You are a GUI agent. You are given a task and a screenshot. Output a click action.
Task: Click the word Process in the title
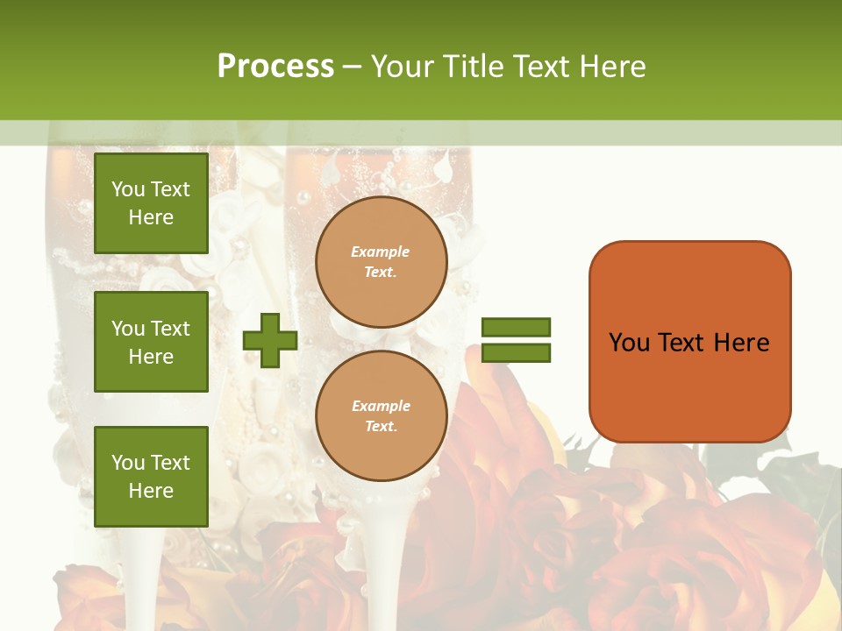click(x=275, y=67)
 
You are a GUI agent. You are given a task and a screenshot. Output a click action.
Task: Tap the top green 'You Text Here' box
click(x=151, y=203)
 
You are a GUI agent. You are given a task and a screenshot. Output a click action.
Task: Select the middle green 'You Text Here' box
click(x=151, y=342)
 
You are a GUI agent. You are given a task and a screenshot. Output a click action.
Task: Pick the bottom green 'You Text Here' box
click(x=151, y=477)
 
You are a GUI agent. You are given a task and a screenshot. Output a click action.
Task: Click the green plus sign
click(x=270, y=340)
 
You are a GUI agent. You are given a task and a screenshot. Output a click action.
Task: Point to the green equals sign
click(x=516, y=340)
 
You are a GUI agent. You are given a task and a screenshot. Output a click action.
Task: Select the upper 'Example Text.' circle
click(x=381, y=262)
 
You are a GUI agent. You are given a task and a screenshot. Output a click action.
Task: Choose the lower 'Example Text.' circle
click(x=381, y=416)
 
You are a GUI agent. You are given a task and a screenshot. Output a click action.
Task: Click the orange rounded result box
click(x=689, y=342)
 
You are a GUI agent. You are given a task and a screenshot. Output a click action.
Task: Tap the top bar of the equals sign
click(x=516, y=327)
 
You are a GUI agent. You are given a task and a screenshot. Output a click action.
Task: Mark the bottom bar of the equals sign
click(x=516, y=353)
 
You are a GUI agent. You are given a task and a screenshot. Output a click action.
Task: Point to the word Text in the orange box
click(x=683, y=343)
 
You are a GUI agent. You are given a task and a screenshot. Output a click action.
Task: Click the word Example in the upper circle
click(x=381, y=252)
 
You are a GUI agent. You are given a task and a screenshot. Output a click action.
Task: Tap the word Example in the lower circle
click(x=381, y=406)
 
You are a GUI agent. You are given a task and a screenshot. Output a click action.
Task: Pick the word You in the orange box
click(x=630, y=343)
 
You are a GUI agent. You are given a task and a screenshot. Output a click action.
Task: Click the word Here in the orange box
click(x=741, y=343)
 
